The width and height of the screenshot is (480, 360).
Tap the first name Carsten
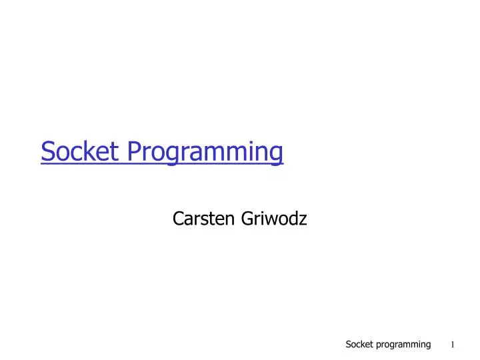click(x=199, y=217)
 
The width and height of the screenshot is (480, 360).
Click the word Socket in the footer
click(x=359, y=344)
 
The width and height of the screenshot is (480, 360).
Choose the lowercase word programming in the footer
click(x=403, y=345)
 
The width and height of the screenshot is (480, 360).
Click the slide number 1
click(x=452, y=345)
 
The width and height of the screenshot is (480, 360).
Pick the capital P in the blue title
click(x=133, y=152)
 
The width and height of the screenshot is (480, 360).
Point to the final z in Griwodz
click(x=303, y=219)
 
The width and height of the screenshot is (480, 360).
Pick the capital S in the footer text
click(x=348, y=344)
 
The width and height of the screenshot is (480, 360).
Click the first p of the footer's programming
click(x=379, y=345)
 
